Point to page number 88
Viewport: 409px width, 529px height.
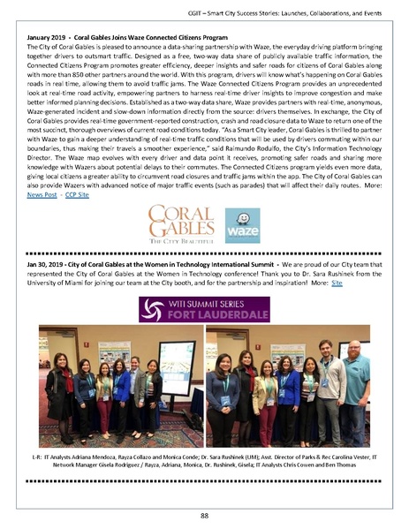click(x=204, y=515)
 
